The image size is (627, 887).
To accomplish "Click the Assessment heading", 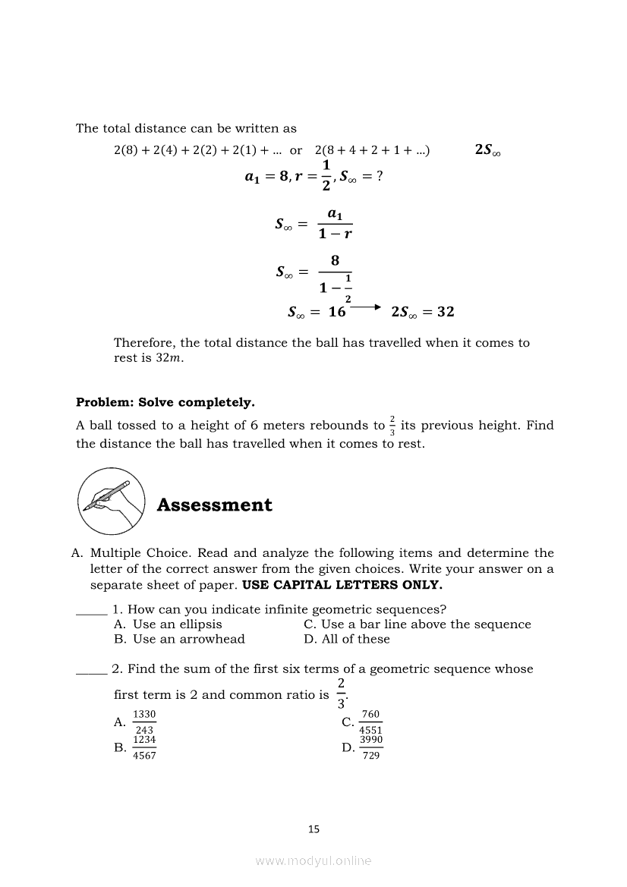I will tap(214, 505).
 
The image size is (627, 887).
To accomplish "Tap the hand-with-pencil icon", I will tap(112, 502).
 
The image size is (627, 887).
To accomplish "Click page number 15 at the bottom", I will tap(313, 829).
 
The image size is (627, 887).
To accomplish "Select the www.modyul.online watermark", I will tap(313, 860).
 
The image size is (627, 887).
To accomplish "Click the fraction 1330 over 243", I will tap(144, 722).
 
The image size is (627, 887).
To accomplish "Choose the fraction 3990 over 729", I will tap(371, 747).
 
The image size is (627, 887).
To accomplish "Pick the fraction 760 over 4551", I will tap(371, 722).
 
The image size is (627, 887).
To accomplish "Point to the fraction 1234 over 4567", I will tap(144, 747).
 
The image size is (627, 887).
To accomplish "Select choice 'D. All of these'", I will tap(347, 639).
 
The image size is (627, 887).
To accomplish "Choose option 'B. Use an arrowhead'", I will tap(179, 639).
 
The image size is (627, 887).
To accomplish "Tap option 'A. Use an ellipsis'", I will tap(168, 624).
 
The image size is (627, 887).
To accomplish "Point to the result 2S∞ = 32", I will tap(423, 312).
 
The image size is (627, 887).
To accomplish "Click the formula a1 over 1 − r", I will tap(335, 225).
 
